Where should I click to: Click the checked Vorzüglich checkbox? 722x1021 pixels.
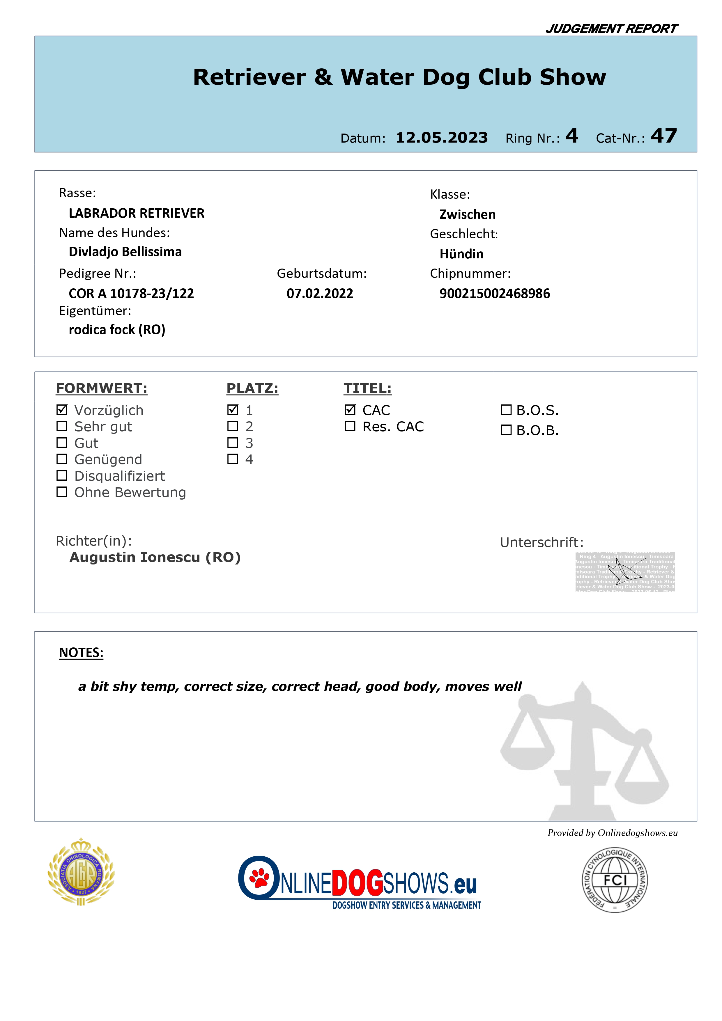[x=62, y=410]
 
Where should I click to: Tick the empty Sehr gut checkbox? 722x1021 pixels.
[x=62, y=426]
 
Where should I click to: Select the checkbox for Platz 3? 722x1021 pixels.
[x=233, y=443]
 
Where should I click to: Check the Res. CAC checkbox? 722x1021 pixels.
[x=350, y=426]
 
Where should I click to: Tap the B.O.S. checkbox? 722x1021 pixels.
[x=506, y=410]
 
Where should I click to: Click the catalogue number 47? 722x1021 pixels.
[x=664, y=136]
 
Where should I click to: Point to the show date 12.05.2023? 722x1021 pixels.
[x=441, y=137]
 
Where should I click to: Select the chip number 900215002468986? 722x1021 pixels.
[x=494, y=294]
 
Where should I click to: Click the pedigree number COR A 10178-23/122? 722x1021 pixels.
[x=131, y=294]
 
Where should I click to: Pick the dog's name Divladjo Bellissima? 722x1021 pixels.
[x=125, y=252]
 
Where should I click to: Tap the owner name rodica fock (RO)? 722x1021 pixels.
[x=117, y=329]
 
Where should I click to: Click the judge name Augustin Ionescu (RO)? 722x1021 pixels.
[x=155, y=557]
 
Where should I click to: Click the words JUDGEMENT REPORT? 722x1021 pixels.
[x=611, y=29]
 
